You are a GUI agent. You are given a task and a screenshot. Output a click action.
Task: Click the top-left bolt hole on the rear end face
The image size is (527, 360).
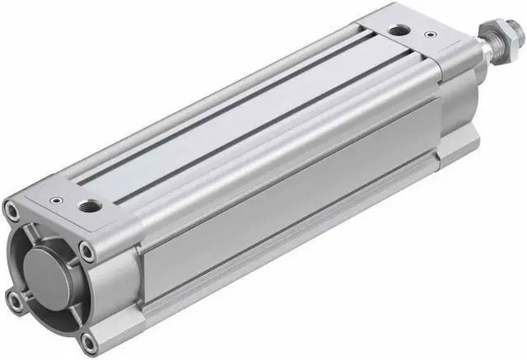12,211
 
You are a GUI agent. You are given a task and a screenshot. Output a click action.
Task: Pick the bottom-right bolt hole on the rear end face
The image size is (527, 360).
90,339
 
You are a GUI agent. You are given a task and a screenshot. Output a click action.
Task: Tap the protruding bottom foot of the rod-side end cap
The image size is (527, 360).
458,143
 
